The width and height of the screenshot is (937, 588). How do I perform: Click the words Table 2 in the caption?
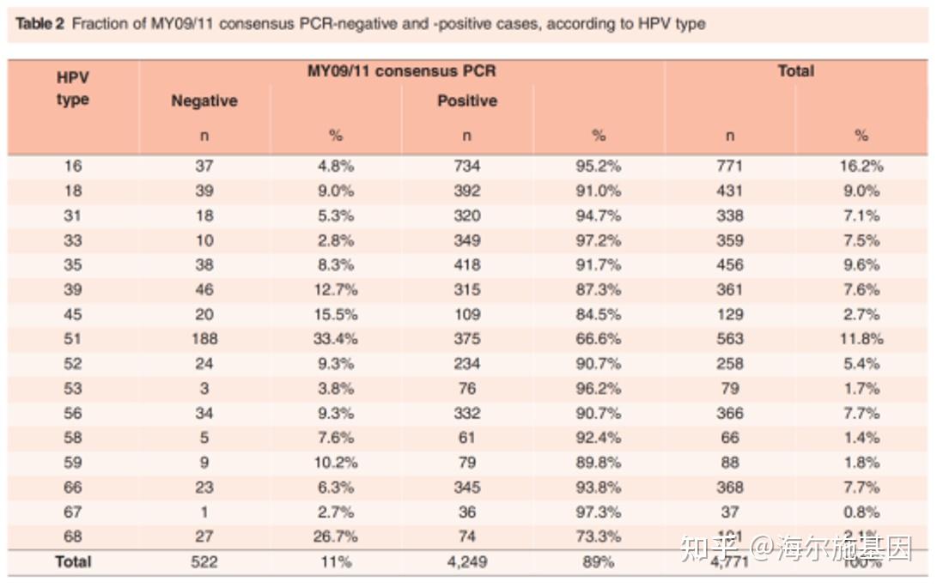point(40,24)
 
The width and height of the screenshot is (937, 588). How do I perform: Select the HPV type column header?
point(73,88)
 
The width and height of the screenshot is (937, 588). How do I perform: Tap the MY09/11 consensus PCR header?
point(401,71)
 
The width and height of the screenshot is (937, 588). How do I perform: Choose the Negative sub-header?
point(204,101)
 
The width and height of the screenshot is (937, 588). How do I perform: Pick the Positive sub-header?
point(466,101)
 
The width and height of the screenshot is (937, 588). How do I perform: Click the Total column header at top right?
point(795,71)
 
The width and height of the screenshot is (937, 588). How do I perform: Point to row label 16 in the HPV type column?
point(73,167)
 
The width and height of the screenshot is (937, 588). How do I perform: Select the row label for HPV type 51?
point(73,339)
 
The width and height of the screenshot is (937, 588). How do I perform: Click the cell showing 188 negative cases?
point(204,339)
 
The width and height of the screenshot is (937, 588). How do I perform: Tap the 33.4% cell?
point(336,339)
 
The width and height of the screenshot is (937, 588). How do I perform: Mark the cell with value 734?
point(466,167)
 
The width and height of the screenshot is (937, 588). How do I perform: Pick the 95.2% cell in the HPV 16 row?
point(598,167)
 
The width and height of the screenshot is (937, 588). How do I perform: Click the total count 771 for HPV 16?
point(729,167)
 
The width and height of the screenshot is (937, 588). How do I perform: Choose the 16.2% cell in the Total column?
point(861,167)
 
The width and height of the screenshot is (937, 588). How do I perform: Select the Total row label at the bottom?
point(73,562)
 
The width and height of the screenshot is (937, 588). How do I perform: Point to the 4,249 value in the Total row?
point(466,562)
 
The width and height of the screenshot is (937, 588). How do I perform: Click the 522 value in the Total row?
point(204,562)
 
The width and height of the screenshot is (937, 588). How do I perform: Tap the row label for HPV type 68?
point(73,537)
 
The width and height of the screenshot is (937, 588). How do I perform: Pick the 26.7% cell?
point(336,537)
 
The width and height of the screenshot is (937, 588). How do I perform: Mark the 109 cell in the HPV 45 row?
point(466,314)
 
